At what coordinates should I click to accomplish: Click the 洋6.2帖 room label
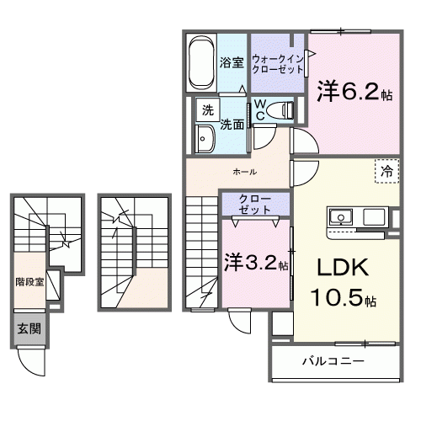[351, 90]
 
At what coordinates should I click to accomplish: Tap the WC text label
[261, 110]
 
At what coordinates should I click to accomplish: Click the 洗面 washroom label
[232, 124]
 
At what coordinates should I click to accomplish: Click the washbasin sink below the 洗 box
[205, 138]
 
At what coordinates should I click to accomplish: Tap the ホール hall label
[245, 171]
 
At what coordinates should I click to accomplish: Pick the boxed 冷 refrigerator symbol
[386, 171]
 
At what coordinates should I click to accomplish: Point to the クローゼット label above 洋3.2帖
[254, 203]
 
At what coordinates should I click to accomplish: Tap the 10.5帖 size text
[345, 299]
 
